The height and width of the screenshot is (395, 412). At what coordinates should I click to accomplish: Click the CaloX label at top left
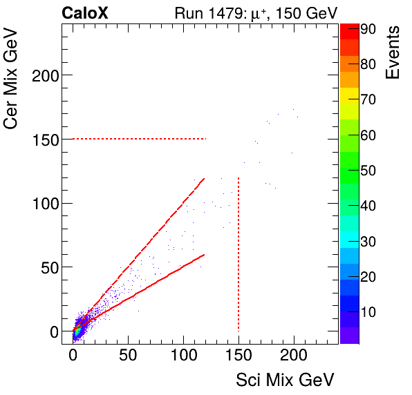84,12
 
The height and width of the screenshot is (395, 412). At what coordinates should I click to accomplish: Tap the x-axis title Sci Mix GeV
285,380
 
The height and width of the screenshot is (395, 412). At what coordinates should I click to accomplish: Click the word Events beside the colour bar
393,52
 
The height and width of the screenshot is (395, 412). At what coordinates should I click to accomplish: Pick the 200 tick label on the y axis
45,75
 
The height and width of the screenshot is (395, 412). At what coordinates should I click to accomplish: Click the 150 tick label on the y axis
45,139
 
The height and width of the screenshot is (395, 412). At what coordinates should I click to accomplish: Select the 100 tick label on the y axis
45,203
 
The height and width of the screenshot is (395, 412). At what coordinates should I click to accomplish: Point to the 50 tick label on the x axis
128,356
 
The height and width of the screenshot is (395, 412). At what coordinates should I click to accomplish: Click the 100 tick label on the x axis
183,356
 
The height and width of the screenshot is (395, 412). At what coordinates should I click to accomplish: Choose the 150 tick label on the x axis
238,356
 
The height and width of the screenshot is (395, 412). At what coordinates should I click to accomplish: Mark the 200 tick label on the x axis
294,356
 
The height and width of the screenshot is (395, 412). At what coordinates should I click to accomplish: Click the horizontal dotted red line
138,139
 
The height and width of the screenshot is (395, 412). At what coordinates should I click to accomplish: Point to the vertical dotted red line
238,256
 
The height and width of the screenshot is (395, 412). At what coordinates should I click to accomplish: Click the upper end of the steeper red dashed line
204,179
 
